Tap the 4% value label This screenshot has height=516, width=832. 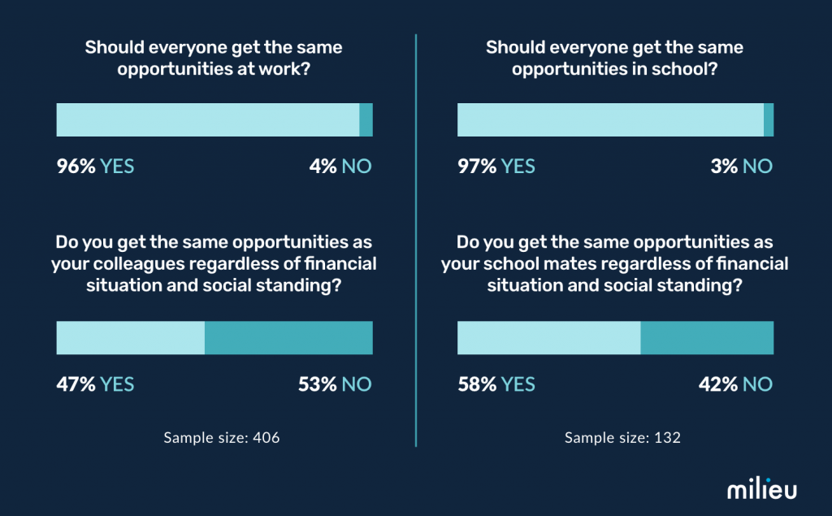(323, 167)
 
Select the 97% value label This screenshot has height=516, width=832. (477, 167)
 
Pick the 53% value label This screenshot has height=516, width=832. (318, 384)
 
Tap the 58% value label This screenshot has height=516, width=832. (477, 384)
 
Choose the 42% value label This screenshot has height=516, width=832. (719, 384)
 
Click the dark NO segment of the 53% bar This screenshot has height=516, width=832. (288, 338)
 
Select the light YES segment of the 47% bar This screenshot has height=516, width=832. (130, 338)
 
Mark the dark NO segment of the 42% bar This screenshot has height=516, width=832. (707, 338)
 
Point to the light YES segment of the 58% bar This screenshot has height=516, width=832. (548, 338)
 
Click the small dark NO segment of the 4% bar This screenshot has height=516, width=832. (366, 120)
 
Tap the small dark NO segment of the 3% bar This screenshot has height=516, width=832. (769, 120)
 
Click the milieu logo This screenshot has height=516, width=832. (761, 489)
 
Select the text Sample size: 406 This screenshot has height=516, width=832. (222, 438)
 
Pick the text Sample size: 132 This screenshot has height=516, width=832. (622, 438)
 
